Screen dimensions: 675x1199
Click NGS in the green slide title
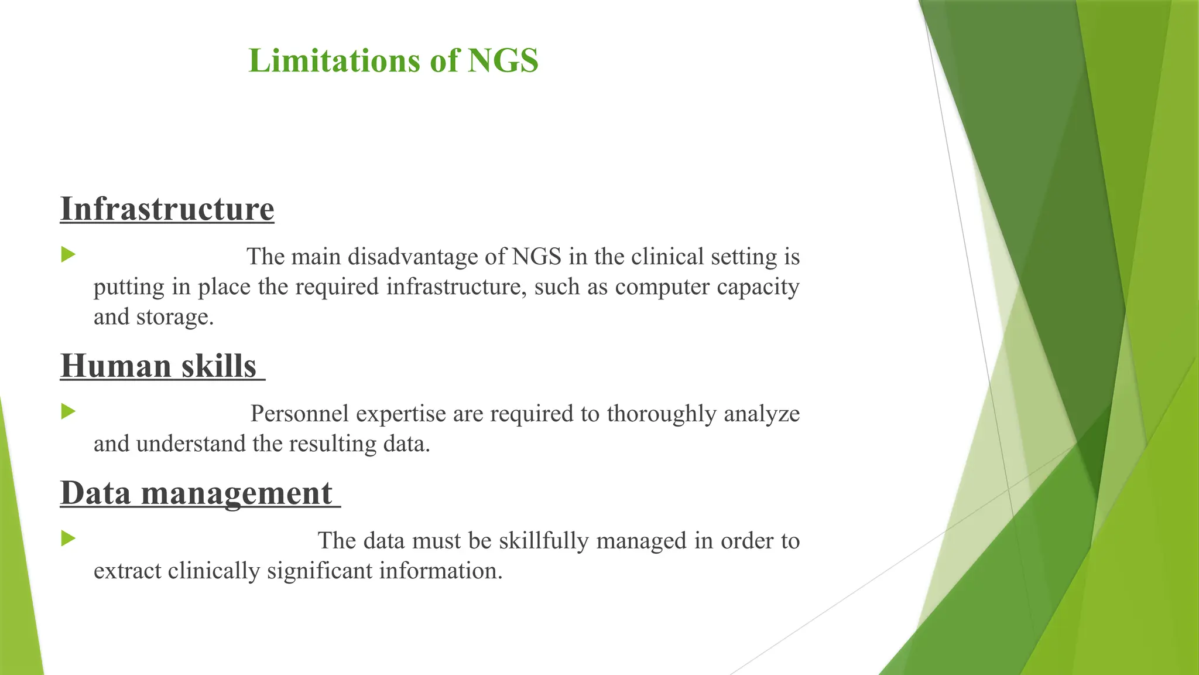503,61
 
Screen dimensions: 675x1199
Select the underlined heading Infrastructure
167,209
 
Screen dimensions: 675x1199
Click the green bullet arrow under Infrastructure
68,254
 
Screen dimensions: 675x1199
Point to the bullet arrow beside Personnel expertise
68,411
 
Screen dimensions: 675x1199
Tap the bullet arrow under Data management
68,538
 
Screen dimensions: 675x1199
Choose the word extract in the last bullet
127,571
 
